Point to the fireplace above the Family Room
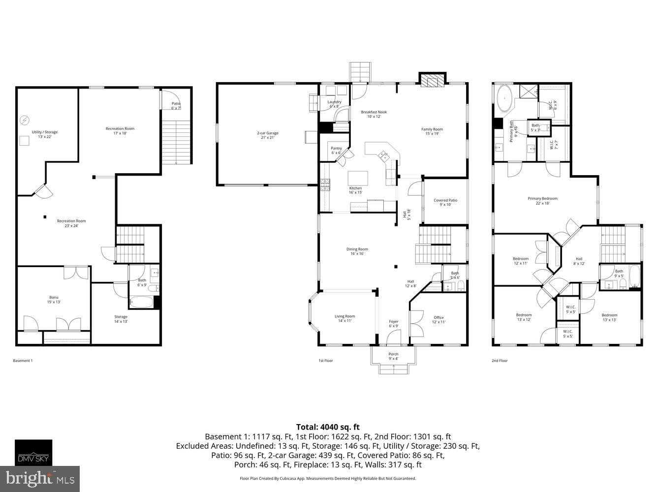(432, 80)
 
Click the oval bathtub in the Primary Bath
(504, 97)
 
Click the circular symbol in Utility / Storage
(24, 120)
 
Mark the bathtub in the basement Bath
(141, 301)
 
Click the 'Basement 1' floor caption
(23, 361)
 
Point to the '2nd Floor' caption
(500, 361)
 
